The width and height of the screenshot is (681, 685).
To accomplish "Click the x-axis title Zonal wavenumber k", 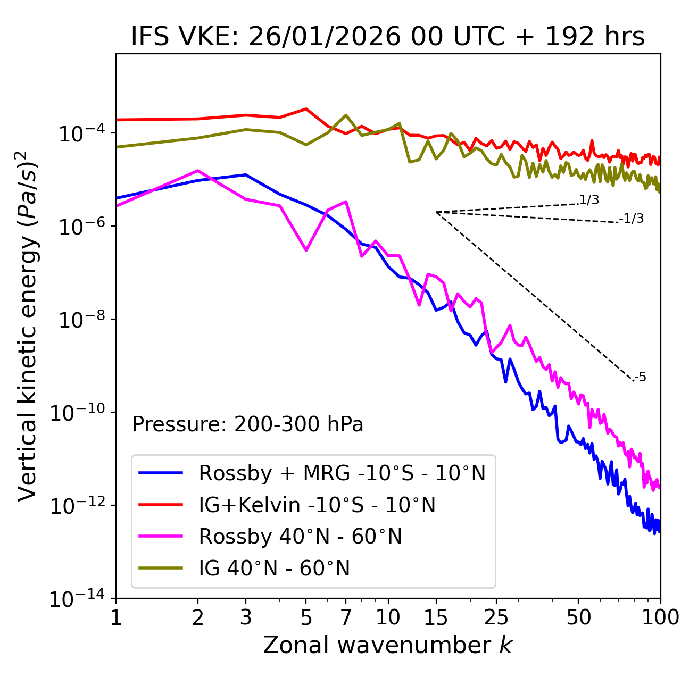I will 388,645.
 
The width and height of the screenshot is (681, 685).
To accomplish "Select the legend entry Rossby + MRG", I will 342,473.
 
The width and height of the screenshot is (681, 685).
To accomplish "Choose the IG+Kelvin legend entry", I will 317,505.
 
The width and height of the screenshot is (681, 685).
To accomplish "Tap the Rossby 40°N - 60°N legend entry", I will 300,537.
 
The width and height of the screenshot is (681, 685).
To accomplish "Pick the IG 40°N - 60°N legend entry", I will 274,569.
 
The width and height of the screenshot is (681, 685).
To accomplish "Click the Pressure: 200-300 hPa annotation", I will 248,424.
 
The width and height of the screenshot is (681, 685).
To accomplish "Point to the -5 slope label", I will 640,378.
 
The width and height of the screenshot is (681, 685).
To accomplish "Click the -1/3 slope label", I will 632,219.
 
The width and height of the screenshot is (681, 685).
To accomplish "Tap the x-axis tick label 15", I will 436,617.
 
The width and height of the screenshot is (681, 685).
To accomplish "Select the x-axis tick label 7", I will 346,617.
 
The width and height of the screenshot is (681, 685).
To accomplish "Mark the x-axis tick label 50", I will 578,617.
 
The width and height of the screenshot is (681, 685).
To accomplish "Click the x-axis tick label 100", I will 660,617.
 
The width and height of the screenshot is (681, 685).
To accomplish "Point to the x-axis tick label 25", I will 496,617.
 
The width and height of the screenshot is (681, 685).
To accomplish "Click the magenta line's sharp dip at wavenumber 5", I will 306,250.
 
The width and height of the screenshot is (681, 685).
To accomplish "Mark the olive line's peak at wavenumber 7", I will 346,115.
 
